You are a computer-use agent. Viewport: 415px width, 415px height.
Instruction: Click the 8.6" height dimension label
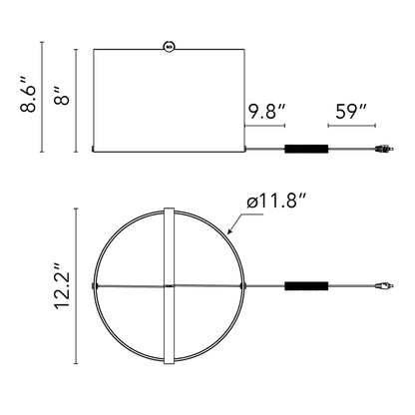point(28,95)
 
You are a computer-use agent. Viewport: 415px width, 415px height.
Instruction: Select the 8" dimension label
point(61,96)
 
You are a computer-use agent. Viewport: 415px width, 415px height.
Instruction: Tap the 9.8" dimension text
point(267,111)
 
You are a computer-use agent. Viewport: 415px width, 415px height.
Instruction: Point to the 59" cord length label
point(351,111)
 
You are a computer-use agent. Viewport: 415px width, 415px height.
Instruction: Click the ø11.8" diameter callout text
point(276,201)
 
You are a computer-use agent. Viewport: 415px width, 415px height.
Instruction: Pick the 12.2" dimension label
point(62,286)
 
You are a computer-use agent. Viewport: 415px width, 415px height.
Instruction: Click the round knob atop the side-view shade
point(169,47)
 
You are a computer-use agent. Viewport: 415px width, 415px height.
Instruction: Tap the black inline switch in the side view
point(306,149)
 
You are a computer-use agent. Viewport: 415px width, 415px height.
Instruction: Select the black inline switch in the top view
point(306,286)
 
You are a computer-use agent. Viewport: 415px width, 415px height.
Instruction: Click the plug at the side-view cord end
point(384,149)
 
